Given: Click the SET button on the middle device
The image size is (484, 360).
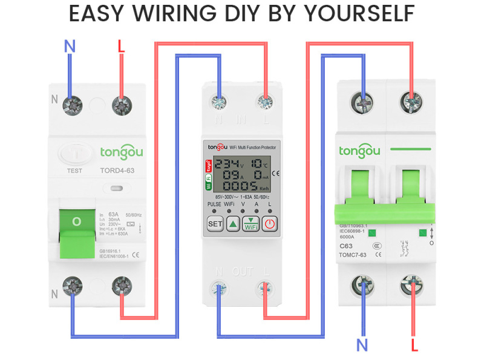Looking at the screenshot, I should (x=215, y=224).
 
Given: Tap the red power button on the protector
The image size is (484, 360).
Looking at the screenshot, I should (x=270, y=224).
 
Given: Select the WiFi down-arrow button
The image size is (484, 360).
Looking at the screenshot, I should (x=251, y=224).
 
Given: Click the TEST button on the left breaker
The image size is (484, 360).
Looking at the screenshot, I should (x=74, y=156).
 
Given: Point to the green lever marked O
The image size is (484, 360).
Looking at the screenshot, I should (x=77, y=222).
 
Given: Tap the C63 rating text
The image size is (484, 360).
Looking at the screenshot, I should (x=346, y=246).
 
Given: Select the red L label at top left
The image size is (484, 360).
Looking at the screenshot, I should (x=121, y=45).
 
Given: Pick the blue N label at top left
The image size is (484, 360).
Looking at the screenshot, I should (x=70, y=45).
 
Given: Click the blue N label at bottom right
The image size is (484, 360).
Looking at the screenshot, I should (x=362, y=345).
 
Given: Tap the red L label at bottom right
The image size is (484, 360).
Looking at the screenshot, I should (x=414, y=345).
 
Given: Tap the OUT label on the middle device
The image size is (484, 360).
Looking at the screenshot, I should (x=242, y=272).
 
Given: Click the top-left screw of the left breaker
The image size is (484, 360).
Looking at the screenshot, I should (x=72, y=105).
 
